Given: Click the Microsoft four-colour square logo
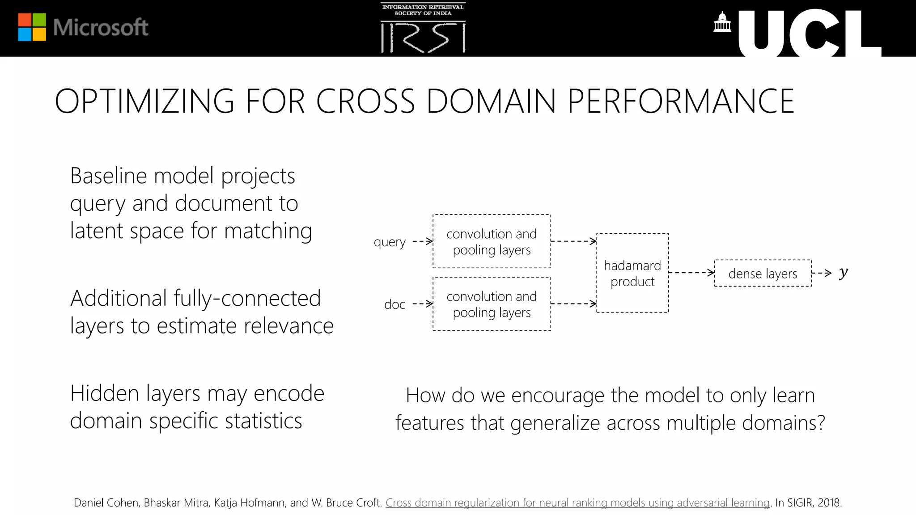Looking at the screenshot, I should click(x=32, y=27).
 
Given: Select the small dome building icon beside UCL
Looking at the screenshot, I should click(x=722, y=23).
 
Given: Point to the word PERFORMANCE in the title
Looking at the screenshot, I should click(x=680, y=101).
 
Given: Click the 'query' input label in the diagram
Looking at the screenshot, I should click(x=390, y=242).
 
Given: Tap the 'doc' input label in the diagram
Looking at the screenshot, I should click(x=394, y=304).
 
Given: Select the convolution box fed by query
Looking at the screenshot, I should click(x=492, y=241).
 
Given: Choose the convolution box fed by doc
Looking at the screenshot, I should click(x=492, y=304).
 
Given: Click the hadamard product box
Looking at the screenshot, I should click(x=632, y=273).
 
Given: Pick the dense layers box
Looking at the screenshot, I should click(x=763, y=273).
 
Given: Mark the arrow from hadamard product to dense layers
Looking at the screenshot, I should click(x=691, y=273).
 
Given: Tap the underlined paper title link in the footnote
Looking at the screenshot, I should click(x=577, y=502).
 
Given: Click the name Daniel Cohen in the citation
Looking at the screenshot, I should click(x=106, y=502).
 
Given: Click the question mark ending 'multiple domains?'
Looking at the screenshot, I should click(x=821, y=422).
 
